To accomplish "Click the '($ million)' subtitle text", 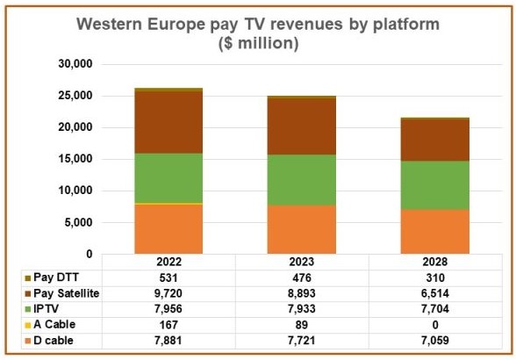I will tap(257, 43).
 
